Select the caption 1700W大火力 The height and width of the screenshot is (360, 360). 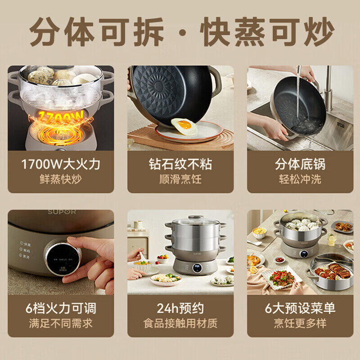[61, 164]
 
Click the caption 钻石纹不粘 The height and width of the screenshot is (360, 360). [180, 164]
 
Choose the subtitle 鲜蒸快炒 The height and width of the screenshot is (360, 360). [61, 179]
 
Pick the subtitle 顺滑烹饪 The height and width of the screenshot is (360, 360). [180, 179]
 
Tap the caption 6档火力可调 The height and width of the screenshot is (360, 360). [61, 308]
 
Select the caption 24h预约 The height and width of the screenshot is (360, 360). [180, 308]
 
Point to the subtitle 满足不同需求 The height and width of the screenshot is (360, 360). [61, 323]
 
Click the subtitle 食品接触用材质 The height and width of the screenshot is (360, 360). [180, 323]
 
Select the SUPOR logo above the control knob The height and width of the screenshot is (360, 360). [62, 212]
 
